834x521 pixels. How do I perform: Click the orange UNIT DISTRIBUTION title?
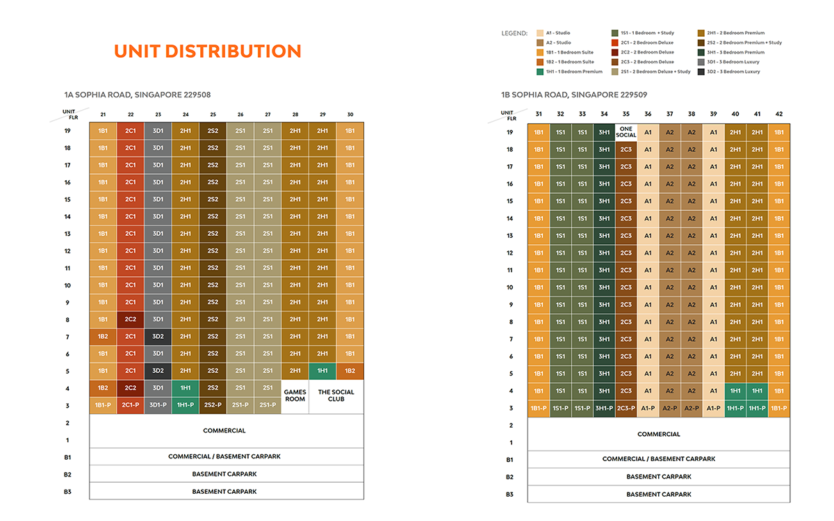coord(207,51)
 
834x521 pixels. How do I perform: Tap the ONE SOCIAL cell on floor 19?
coord(626,132)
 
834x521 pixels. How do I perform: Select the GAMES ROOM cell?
coord(295,396)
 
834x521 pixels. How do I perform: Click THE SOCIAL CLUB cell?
coord(336,396)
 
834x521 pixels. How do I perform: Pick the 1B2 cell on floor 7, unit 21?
coord(103,337)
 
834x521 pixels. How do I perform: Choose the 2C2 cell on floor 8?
coord(130,319)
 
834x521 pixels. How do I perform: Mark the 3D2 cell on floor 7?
coord(158,337)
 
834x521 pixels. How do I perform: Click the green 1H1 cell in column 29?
coord(322,371)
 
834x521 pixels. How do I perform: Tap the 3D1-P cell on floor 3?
coord(158,405)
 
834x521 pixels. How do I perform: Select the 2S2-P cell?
coord(213,405)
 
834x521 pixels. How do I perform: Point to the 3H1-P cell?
coord(604,408)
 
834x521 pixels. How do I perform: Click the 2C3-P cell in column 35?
coord(626,408)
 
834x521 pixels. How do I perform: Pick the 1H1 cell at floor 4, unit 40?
coord(735,391)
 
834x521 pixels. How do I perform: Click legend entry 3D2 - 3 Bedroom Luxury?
coord(730,72)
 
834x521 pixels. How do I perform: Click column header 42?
coord(779,114)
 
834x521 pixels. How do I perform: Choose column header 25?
coord(213,114)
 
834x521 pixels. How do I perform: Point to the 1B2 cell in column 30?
coord(350,371)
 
